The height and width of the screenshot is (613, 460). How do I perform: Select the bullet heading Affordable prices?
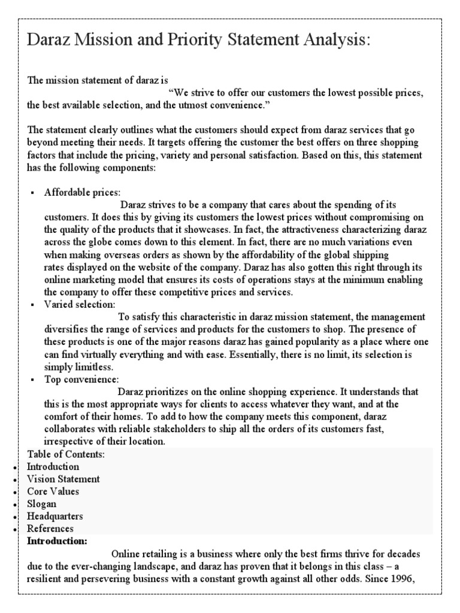pos(81,192)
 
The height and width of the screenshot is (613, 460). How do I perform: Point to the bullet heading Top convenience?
pos(81,380)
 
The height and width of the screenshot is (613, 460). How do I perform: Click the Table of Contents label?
pos(66,454)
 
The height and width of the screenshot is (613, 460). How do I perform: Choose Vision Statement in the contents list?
pos(63,479)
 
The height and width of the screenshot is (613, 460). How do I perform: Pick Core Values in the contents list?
pos(53,491)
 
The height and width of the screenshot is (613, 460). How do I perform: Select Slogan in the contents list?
pos(42,504)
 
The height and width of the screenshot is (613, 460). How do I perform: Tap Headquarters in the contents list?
pos(55,516)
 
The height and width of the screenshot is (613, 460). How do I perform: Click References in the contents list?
pos(50,529)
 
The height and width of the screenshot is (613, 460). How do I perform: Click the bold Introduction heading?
pos(57,541)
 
